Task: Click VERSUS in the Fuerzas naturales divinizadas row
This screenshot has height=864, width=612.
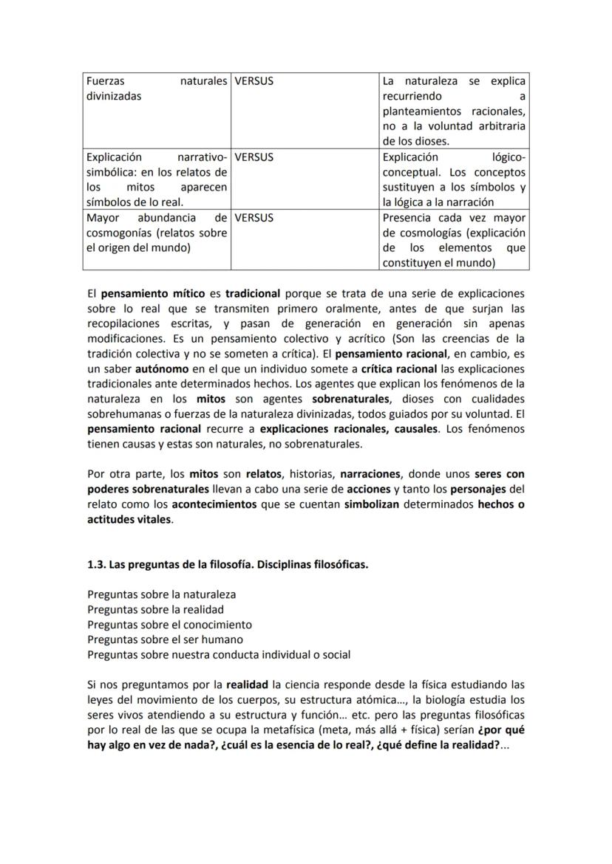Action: point(254,81)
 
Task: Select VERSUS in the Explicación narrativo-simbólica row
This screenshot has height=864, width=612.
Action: point(254,157)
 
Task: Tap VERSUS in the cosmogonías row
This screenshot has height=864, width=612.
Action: point(254,218)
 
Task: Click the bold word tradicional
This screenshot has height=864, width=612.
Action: point(253,292)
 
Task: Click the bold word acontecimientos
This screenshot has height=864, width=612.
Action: point(214,504)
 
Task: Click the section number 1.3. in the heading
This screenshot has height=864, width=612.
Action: point(96,565)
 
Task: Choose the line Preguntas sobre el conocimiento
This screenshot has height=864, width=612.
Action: point(169,625)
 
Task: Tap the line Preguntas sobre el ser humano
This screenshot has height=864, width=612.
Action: point(165,640)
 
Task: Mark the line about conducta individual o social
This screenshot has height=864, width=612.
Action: point(219,654)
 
